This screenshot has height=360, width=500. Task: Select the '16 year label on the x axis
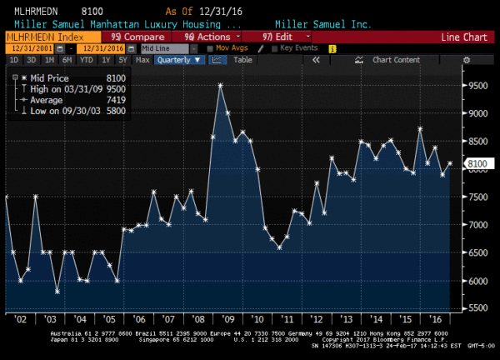434,318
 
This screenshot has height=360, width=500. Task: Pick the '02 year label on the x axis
20,318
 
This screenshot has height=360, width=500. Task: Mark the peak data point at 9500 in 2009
221,85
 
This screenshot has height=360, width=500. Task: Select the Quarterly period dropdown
178,60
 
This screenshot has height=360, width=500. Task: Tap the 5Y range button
123,60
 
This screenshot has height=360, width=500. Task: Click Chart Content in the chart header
396,60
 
